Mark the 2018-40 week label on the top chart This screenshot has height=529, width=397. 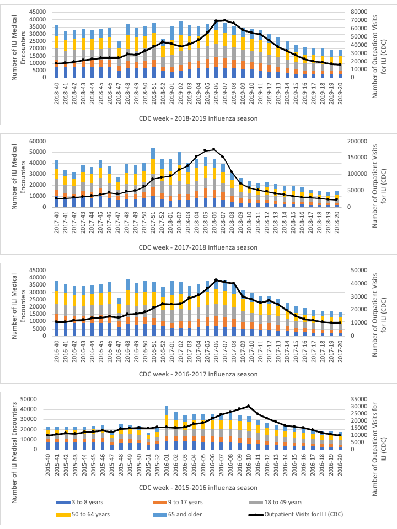57,89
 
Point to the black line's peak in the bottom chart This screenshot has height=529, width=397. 249,407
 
